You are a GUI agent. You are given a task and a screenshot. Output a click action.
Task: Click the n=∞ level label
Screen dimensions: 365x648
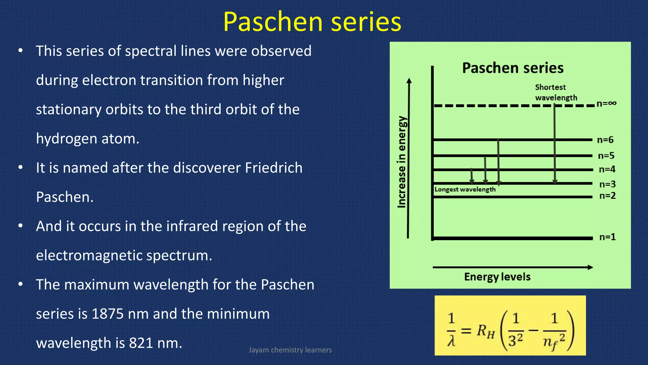tap(606, 103)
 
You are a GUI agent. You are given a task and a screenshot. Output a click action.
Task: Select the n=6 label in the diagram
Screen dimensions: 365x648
tap(605, 140)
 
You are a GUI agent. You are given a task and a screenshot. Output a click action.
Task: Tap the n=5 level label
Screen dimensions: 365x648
tap(606, 156)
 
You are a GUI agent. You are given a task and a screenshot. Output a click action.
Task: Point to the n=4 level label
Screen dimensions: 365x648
tap(607, 169)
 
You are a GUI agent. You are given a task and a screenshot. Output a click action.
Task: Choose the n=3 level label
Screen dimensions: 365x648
tap(607, 184)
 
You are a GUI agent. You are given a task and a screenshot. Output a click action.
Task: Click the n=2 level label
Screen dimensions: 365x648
tap(607, 195)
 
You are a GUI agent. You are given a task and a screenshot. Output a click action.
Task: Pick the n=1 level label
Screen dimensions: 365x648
tap(607, 237)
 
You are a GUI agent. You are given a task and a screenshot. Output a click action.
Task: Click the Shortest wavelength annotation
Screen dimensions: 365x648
tap(556, 92)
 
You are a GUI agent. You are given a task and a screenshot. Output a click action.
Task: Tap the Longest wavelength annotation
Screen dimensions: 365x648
tap(465, 189)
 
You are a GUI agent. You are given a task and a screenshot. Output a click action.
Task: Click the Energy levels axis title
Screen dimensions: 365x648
tap(497, 277)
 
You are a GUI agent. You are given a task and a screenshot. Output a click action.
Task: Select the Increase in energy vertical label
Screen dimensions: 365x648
tap(402, 162)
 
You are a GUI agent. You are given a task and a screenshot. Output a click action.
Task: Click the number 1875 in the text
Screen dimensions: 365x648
tap(107, 314)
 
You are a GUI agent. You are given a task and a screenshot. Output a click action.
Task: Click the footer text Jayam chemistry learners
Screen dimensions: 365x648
tap(290, 350)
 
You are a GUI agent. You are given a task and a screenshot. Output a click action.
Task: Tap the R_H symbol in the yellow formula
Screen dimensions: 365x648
tap(485, 331)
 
